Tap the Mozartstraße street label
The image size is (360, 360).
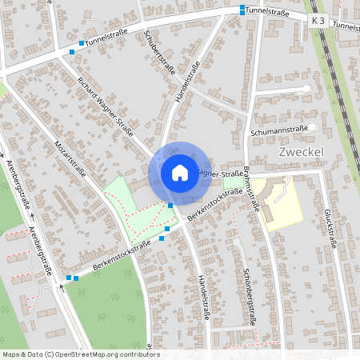click(x=70, y=160)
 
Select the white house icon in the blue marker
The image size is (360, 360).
click(x=179, y=172)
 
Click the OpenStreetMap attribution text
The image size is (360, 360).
click(x=80, y=354)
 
